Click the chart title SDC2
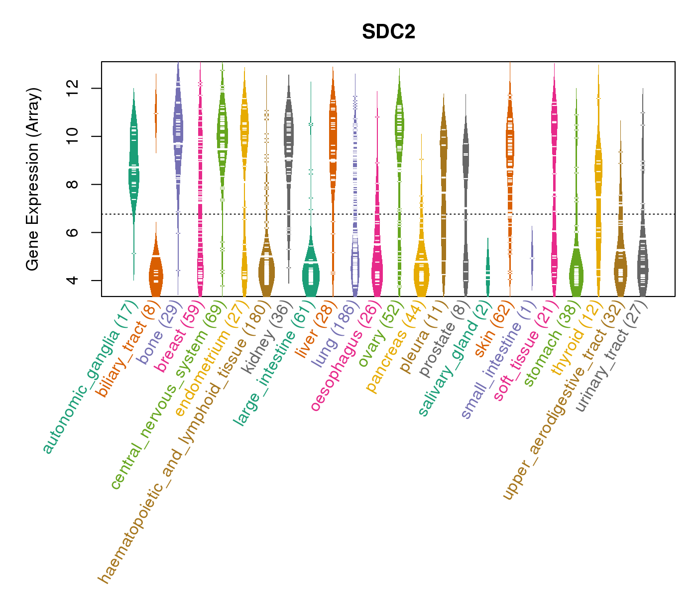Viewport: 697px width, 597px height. point(388,32)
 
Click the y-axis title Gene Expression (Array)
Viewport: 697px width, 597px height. point(33,179)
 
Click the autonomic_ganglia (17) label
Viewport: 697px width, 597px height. point(90,378)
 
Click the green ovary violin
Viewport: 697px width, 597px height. point(399,124)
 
